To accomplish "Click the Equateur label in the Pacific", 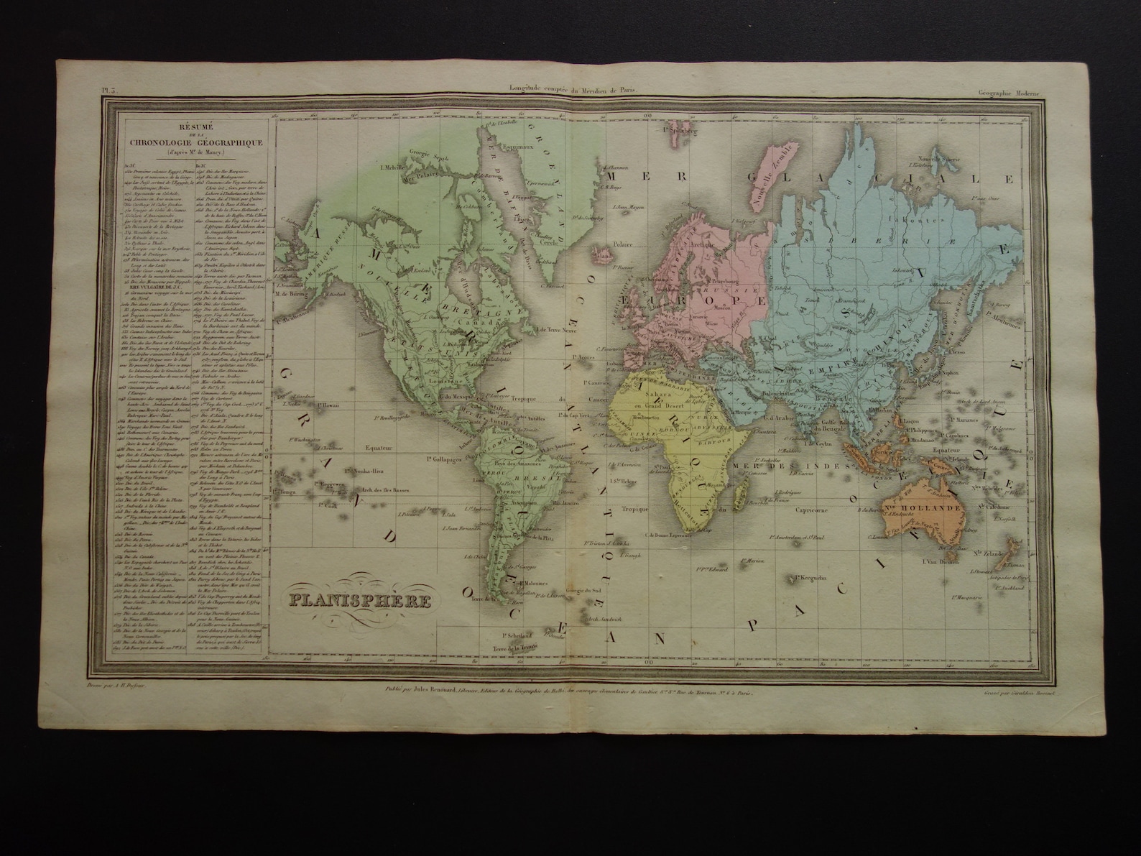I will tap(381, 445).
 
